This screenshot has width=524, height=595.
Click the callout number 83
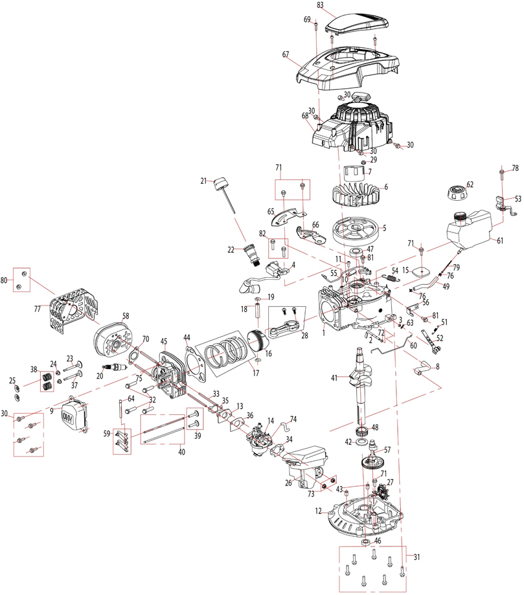[x=320, y=5]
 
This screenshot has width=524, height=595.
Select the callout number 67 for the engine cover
[x=285, y=55]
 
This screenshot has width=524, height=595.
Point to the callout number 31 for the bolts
[x=417, y=557]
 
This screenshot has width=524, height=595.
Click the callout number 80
[x=6, y=281]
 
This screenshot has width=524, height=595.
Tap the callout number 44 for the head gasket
[x=187, y=337]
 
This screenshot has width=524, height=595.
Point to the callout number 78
[x=516, y=168]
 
